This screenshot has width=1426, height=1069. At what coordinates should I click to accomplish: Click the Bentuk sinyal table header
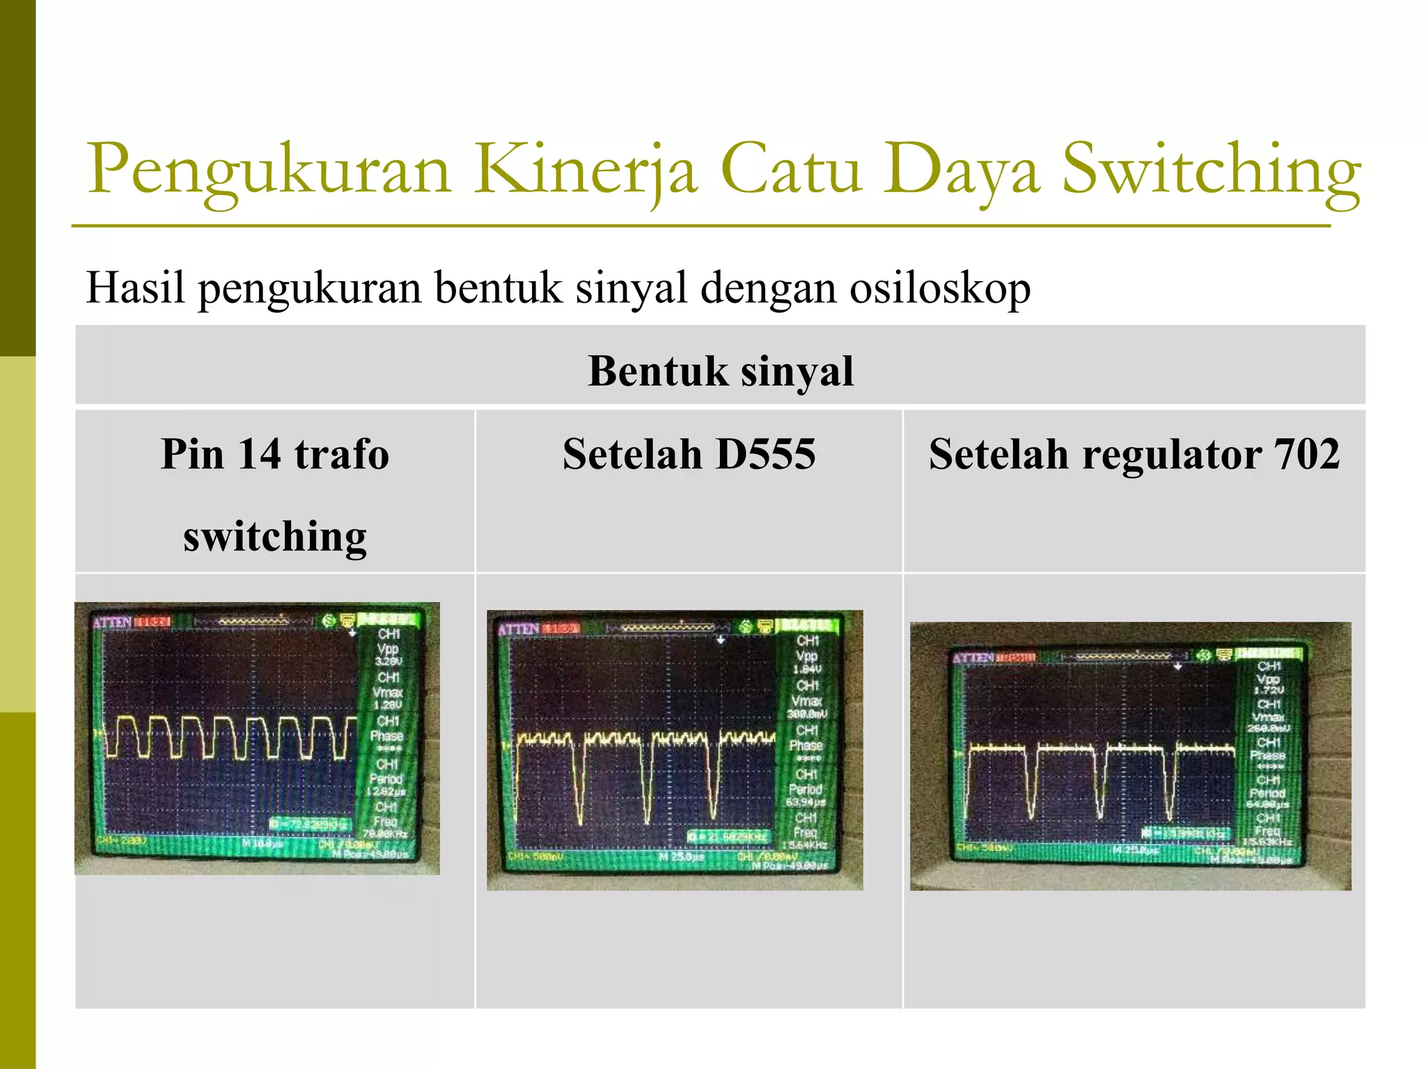[x=720, y=370]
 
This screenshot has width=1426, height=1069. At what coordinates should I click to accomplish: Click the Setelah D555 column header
[x=689, y=454]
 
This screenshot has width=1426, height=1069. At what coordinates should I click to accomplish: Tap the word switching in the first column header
[x=275, y=537]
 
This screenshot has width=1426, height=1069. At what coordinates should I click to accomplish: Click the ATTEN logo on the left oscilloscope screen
[x=112, y=621]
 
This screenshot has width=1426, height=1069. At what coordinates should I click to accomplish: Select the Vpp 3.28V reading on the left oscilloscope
[x=388, y=654]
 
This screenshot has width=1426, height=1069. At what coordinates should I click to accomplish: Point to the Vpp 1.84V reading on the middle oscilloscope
[x=807, y=662]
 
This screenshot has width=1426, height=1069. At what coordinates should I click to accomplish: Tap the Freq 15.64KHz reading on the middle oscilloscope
[x=806, y=839]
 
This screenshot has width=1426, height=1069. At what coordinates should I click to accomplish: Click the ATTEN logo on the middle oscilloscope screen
[x=518, y=629]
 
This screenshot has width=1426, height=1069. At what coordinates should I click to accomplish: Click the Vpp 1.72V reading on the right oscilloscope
[x=1268, y=684]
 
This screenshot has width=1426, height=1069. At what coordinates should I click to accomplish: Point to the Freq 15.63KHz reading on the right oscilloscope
[x=1269, y=836]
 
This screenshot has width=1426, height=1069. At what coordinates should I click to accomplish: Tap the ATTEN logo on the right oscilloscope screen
[x=973, y=658]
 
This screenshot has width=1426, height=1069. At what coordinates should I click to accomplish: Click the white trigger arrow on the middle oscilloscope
[x=721, y=640]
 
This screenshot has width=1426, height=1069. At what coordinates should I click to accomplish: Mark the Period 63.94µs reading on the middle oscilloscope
[x=806, y=795]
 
